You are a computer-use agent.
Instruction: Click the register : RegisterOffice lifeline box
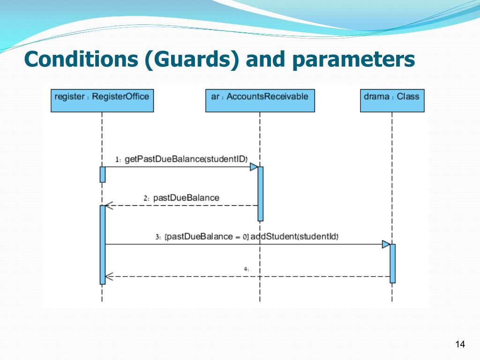tap(102, 100)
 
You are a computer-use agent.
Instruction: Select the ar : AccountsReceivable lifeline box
tap(260, 100)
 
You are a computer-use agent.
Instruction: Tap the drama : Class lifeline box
tap(392, 100)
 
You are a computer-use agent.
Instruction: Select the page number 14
tap(460, 345)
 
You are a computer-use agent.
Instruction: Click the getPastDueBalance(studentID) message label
tap(186, 159)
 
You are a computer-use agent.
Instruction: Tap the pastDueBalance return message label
tap(186, 198)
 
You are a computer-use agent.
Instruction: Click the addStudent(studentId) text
tap(294, 236)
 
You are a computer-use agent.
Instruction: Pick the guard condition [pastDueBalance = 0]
tap(207, 237)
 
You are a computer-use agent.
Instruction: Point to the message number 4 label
tap(246, 269)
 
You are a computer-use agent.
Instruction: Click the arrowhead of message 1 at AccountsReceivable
tap(254, 167)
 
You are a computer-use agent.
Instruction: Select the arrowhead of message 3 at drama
tap(386, 244)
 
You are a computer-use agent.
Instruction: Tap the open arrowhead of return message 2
tap(109, 205)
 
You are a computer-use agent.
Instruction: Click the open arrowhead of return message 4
tap(109, 277)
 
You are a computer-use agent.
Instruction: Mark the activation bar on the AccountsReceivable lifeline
tap(261, 194)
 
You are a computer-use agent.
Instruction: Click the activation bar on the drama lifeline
tap(393, 263)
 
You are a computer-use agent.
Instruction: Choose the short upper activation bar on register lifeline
tap(103, 174)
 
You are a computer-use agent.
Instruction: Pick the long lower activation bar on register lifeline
tap(103, 245)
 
